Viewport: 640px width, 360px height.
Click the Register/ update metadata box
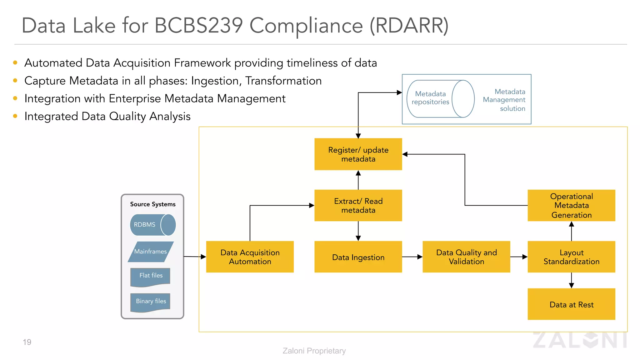358,154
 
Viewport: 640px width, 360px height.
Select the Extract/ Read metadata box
358,206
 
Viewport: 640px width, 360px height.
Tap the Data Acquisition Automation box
250,257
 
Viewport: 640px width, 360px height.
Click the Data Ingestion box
358,257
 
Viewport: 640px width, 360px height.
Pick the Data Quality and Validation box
466,257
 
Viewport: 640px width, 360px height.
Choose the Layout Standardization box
571,257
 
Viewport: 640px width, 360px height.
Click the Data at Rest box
571,304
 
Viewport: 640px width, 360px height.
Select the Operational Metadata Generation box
571,206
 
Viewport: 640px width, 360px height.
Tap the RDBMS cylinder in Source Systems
152,225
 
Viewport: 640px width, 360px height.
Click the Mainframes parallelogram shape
151,252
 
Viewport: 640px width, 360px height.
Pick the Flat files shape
151,276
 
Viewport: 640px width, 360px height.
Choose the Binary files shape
151,302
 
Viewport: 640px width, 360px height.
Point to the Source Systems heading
153,204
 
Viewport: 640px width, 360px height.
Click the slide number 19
27,342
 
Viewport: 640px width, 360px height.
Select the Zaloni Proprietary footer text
314,351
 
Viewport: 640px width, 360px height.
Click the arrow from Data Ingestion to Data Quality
412,257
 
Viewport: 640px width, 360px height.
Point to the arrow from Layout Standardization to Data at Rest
571,280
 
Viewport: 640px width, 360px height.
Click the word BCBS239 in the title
199,25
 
